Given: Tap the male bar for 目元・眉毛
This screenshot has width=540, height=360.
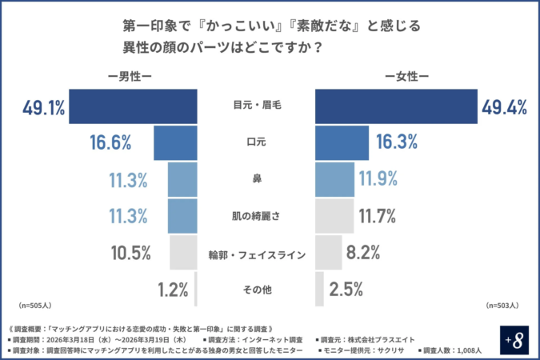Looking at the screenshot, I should coord(133,106).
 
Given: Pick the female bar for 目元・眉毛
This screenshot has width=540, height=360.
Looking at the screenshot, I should coord(397,106).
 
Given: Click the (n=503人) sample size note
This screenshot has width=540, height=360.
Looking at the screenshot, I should coord(503,306).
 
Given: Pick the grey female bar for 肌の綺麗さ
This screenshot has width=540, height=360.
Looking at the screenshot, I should coord(334,215).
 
